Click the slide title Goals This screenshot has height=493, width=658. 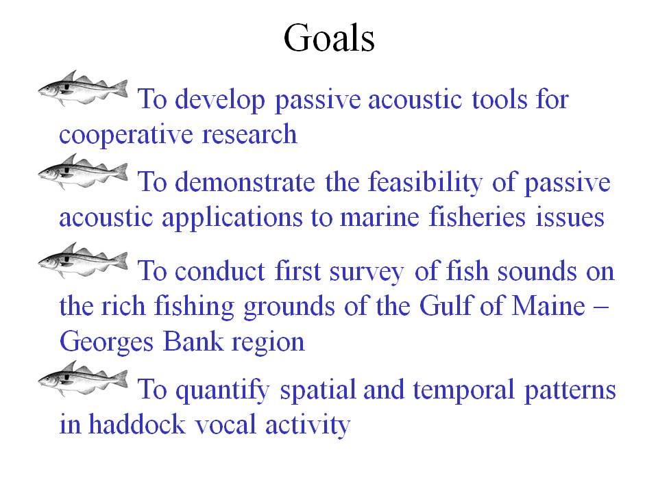329,38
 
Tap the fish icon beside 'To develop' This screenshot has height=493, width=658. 83,88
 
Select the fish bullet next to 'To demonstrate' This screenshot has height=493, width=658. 83,171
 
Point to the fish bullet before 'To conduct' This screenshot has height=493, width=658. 83,260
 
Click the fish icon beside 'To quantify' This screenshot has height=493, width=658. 83,379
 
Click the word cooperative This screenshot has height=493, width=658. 126,136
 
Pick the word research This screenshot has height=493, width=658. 249,135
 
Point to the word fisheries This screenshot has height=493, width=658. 477,217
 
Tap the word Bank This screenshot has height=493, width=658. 193,341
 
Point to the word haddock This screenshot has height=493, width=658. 137,424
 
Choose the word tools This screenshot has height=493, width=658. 499,100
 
